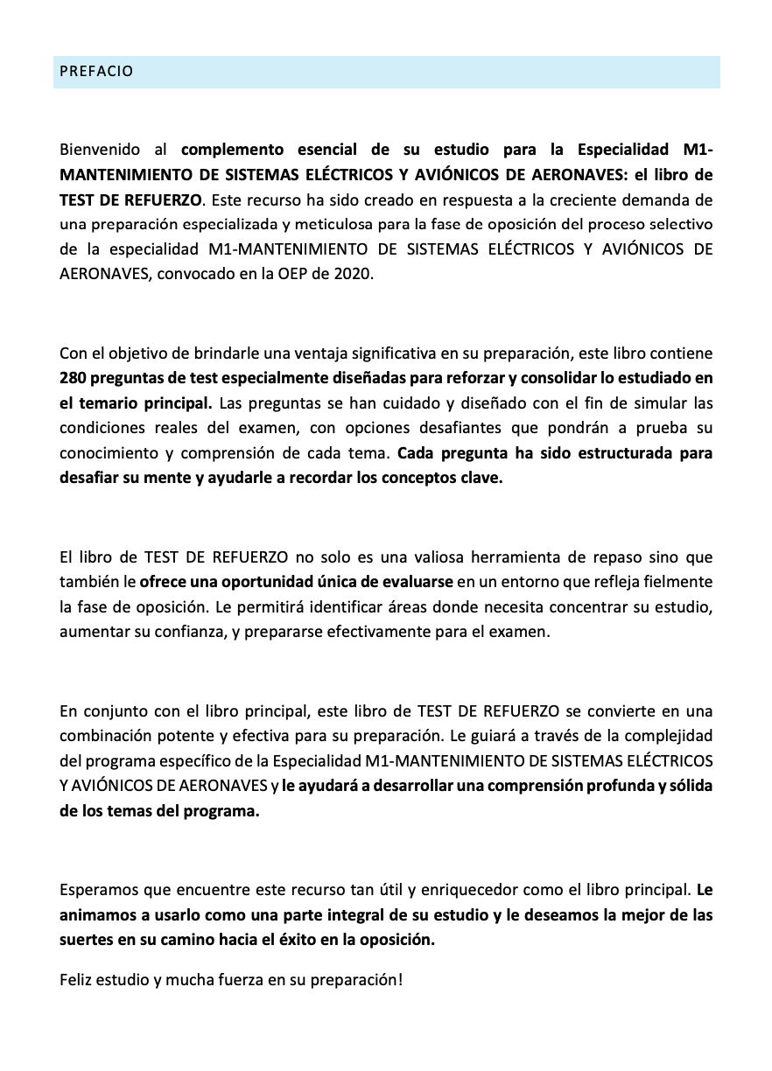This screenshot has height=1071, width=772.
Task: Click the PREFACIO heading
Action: (96, 72)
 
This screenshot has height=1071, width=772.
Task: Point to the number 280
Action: (74, 379)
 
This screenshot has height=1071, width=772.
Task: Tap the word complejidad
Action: (668, 734)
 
